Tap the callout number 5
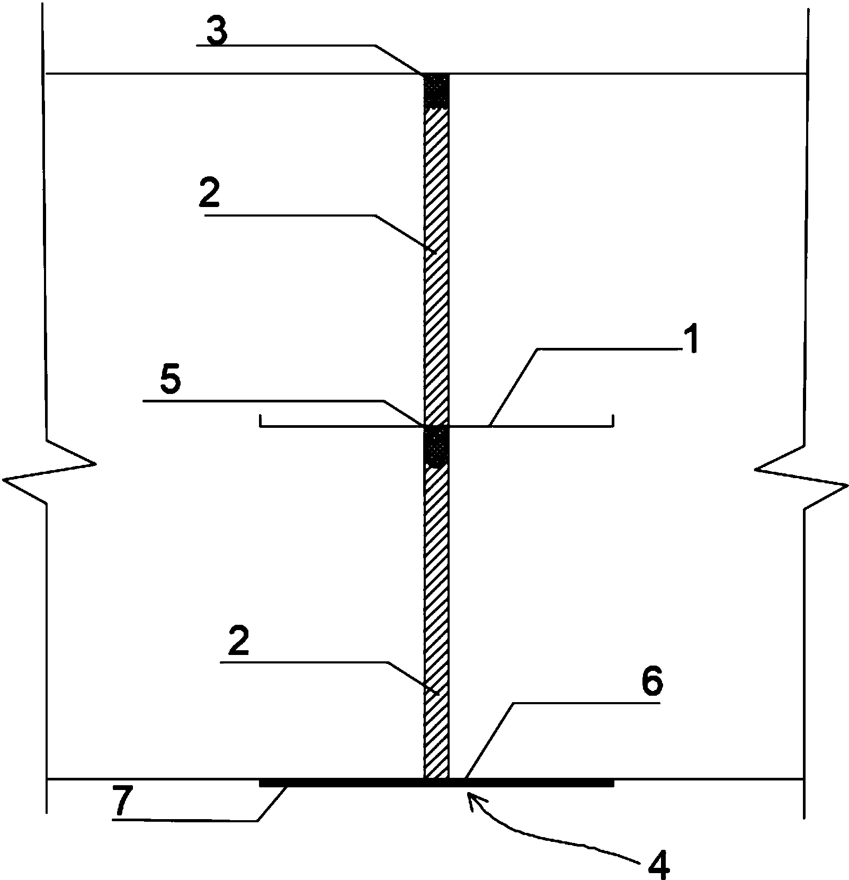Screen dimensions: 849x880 click(x=170, y=382)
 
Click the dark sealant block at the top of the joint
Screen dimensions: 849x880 click(x=436, y=91)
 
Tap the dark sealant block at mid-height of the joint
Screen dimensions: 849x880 click(x=436, y=446)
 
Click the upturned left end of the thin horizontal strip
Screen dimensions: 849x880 click(x=261, y=420)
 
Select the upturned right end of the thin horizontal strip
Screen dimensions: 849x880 click(x=613, y=420)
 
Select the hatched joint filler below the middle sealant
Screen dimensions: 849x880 click(x=436, y=622)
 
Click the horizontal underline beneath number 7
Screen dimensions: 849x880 click(x=185, y=820)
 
